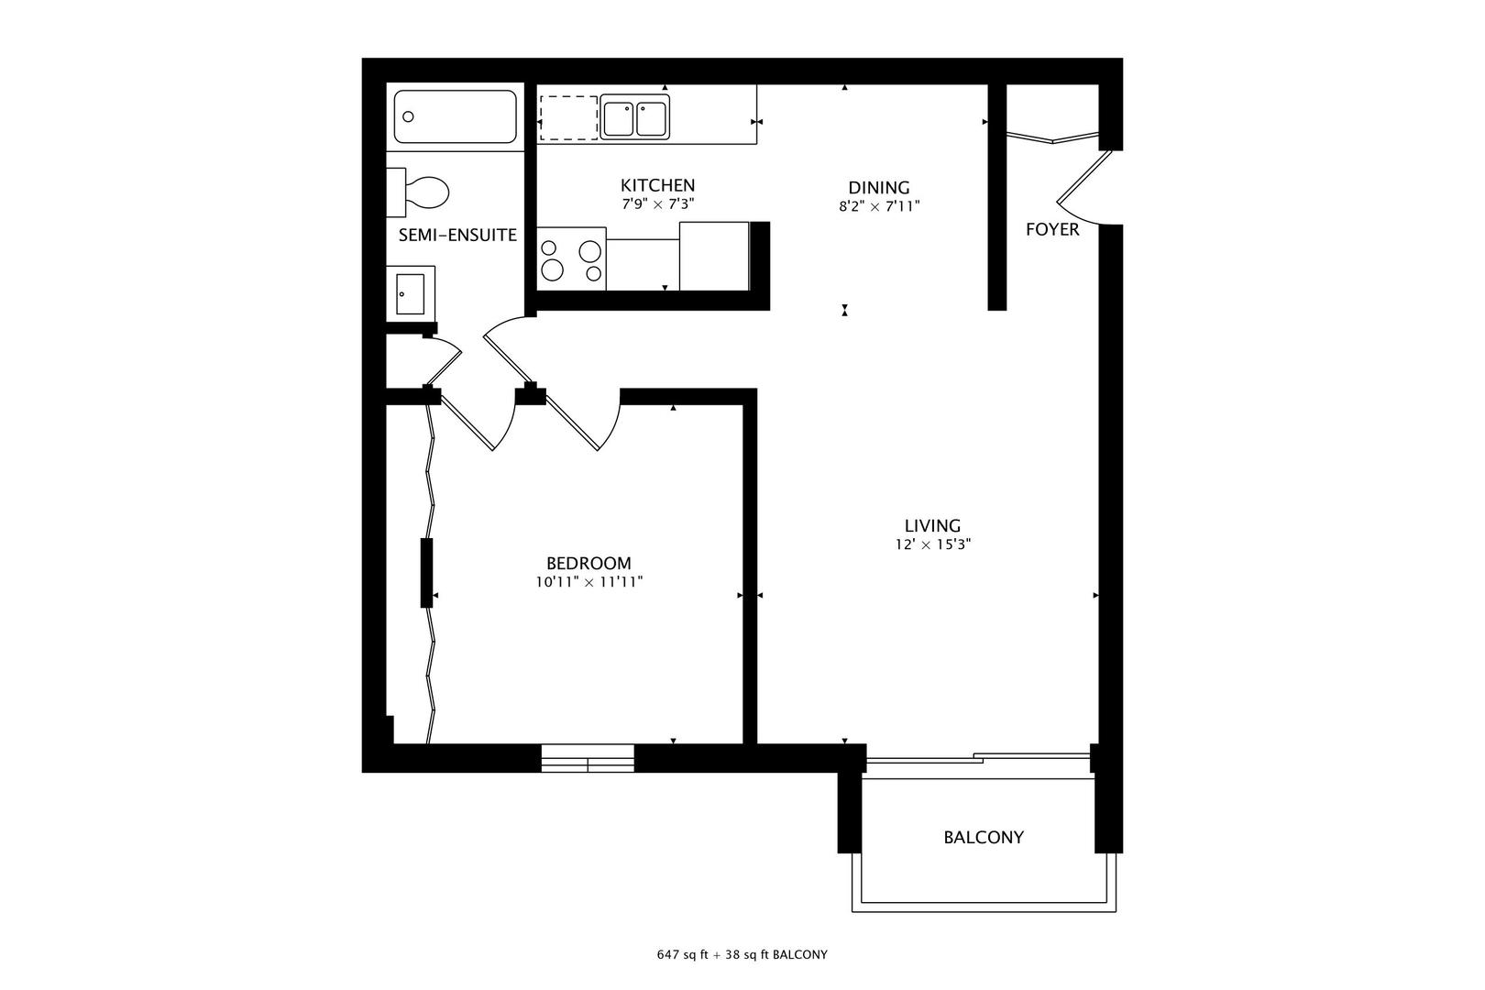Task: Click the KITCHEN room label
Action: click(x=657, y=185)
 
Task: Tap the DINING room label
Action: click(x=878, y=187)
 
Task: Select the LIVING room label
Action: click(x=932, y=525)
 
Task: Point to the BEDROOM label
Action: click(x=588, y=563)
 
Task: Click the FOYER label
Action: click(x=1052, y=229)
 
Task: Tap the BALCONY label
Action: click(x=984, y=837)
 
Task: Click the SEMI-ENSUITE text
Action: click(x=457, y=236)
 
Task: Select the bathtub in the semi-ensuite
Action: click(x=455, y=116)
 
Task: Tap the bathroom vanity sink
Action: click(x=410, y=292)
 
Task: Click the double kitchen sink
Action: click(x=635, y=118)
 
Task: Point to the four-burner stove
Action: click(x=571, y=259)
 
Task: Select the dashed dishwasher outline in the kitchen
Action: click(x=567, y=116)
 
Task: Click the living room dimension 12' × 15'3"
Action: click(x=932, y=544)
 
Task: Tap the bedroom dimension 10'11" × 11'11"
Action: click(x=588, y=581)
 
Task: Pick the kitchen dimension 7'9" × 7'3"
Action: click(x=657, y=204)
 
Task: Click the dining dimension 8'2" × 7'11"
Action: click(x=878, y=207)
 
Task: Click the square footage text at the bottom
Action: click(x=742, y=954)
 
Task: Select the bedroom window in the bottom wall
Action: click(x=587, y=759)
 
